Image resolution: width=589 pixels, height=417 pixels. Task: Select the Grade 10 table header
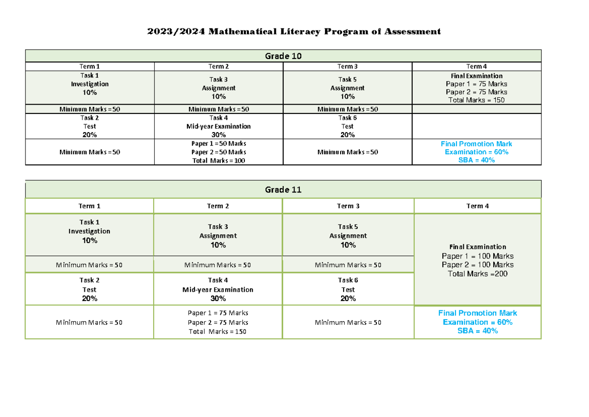pyautogui.click(x=283, y=56)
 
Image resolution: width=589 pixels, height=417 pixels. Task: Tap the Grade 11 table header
pyautogui.click(x=283, y=190)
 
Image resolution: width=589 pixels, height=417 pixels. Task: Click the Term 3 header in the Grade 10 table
pyautogui.click(x=348, y=66)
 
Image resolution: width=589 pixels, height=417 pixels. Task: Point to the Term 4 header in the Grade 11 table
pyautogui.click(x=478, y=206)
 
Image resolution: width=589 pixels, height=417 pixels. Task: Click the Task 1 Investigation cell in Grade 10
pyautogui.click(x=89, y=84)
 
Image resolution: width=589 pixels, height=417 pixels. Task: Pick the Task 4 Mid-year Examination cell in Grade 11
pyautogui.click(x=218, y=289)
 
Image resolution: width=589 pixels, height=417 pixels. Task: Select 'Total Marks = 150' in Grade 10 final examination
pyautogui.click(x=477, y=100)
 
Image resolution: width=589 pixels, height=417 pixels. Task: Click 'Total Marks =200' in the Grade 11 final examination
pyautogui.click(x=478, y=274)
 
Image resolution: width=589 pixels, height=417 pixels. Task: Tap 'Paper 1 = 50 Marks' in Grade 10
pyautogui.click(x=219, y=144)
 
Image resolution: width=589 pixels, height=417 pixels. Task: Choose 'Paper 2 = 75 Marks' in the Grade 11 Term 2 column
pyautogui.click(x=218, y=323)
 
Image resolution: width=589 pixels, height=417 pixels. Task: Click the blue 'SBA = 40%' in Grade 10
pyautogui.click(x=477, y=161)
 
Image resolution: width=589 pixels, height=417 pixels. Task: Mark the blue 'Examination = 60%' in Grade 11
pyautogui.click(x=478, y=322)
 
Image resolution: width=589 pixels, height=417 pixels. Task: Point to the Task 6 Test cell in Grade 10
pyautogui.click(x=348, y=126)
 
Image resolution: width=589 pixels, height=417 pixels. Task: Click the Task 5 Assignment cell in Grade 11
pyautogui.click(x=348, y=236)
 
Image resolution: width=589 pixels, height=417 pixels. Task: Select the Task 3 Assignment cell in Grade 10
pyautogui.click(x=218, y=88)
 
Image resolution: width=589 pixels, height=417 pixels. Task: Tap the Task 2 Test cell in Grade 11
pyautogui.click(x=89, y=289)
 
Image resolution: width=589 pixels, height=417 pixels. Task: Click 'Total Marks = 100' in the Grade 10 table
pyautogui.click(x=219, y=161)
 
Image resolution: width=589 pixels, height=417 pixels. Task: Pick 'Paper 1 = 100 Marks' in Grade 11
pyautogui.click(x=478, y=256)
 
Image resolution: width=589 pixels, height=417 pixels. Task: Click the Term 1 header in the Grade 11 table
pyautogui.click(x=89, y=206)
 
